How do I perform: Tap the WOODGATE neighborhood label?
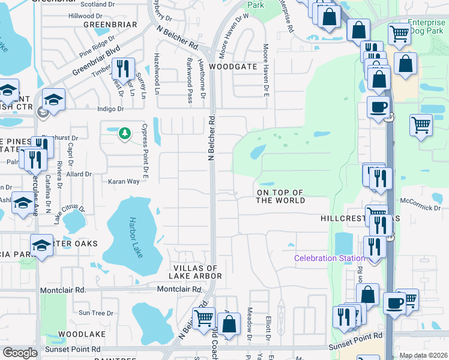click(x=234, y=67)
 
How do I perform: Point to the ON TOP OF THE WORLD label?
click(x=280, y=197)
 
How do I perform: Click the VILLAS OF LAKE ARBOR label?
click(x=197, y=272)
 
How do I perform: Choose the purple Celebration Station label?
click(x=329, y=259)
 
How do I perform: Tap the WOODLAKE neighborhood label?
click(x=82, y=334)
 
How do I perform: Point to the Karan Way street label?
click(x=123, y=181)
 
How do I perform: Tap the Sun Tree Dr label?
click(x=96, y=313)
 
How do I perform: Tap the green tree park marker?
click(x=124, y=133)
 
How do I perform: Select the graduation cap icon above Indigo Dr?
click(x=53, y=100)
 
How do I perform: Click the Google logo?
click(x=20, y=353)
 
